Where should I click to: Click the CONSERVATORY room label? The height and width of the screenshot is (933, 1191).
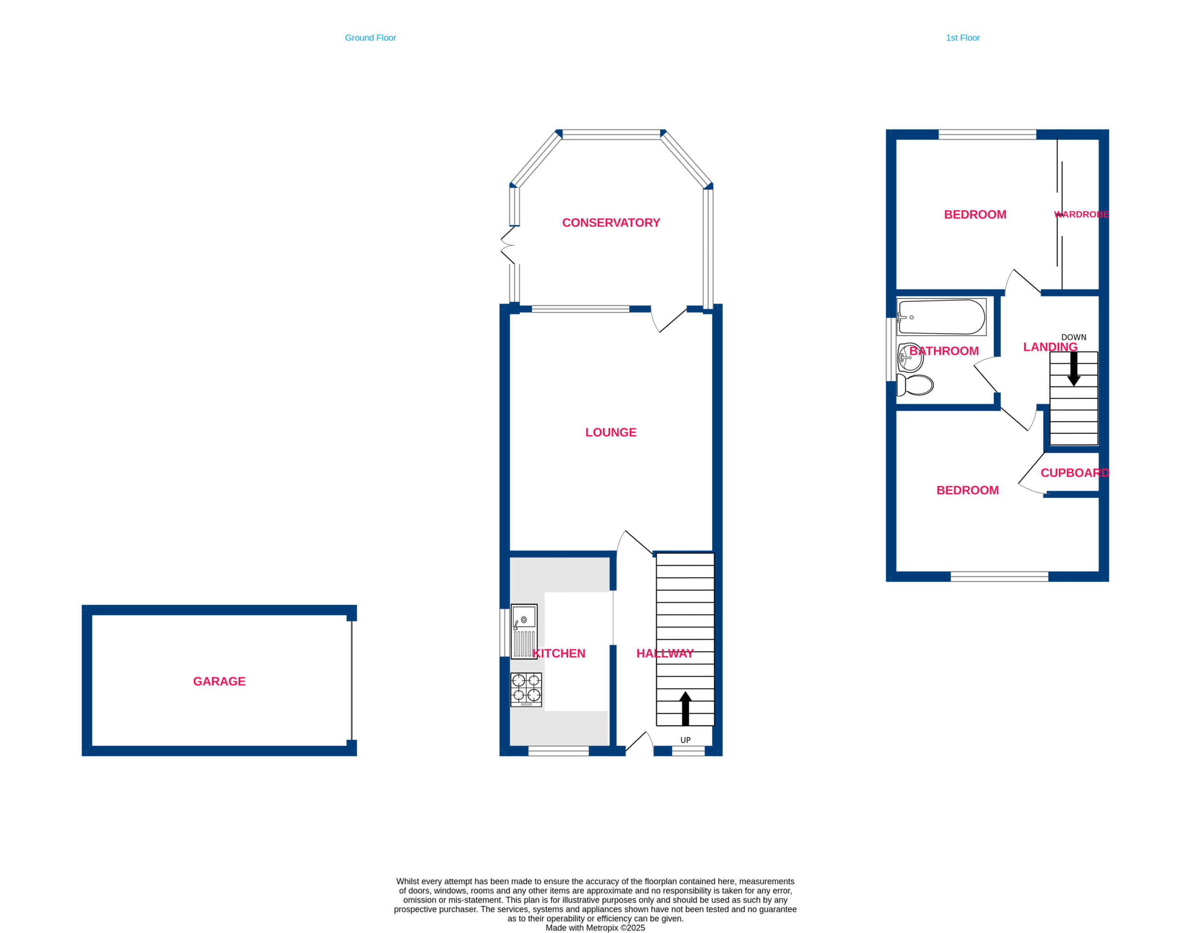point(610,223)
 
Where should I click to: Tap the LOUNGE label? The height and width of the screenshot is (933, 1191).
point(610,433)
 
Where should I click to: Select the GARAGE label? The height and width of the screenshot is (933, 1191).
point(219,681)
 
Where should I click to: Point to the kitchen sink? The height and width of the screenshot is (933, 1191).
point(524,631)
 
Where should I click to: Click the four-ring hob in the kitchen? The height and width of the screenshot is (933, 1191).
point(526,690)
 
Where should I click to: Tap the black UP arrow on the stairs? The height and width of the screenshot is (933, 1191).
point(685,708)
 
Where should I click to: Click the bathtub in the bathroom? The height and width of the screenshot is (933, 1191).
point(941,317)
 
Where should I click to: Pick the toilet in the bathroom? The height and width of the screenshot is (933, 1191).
point(915,384)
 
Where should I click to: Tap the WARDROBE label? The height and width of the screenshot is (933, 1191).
point(1081,215)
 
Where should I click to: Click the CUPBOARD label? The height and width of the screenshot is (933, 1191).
point(1075,473)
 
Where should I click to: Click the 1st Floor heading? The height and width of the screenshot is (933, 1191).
point(963,38)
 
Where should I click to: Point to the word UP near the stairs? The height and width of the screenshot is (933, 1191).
point(685,740)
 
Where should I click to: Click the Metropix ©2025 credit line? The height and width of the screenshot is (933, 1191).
point(595,927)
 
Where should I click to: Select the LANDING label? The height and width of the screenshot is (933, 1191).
point(1050,347)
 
